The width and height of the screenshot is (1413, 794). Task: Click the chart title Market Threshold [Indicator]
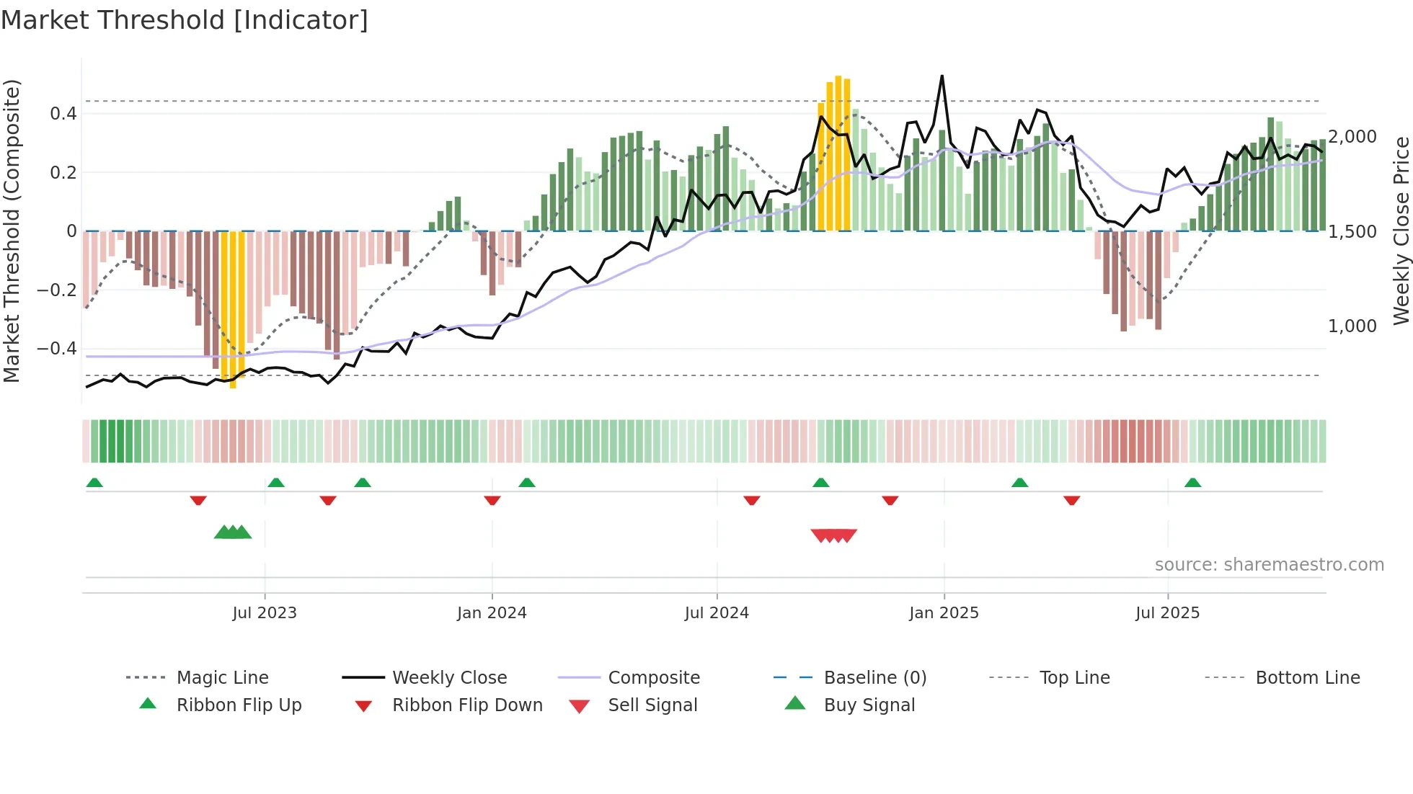click(x=185, y=20)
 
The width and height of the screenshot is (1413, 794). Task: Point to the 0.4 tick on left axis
click(x=63, y=114)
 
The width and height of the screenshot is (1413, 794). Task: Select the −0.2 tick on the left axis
click(x=57, y=290)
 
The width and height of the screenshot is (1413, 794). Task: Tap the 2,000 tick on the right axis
click(x=1352, y=137)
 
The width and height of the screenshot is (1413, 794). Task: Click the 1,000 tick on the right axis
click(x=1352, y=326)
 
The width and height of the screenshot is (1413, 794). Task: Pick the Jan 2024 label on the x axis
click(x=492, y=613)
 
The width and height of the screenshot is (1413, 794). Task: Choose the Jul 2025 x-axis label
click(x=1167, y=613)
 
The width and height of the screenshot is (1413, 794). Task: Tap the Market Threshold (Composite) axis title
click(x=12, y=231)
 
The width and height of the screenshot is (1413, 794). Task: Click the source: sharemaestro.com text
click(x=1269, y=565)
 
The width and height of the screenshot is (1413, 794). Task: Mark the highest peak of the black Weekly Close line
click(x=942, y=76)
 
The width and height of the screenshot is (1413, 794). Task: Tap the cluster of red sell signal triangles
click(x=834, y=535)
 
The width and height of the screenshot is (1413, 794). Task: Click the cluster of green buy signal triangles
click(x=233, y=532)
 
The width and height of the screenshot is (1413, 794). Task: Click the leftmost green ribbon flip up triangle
click(x=94, y=483)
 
